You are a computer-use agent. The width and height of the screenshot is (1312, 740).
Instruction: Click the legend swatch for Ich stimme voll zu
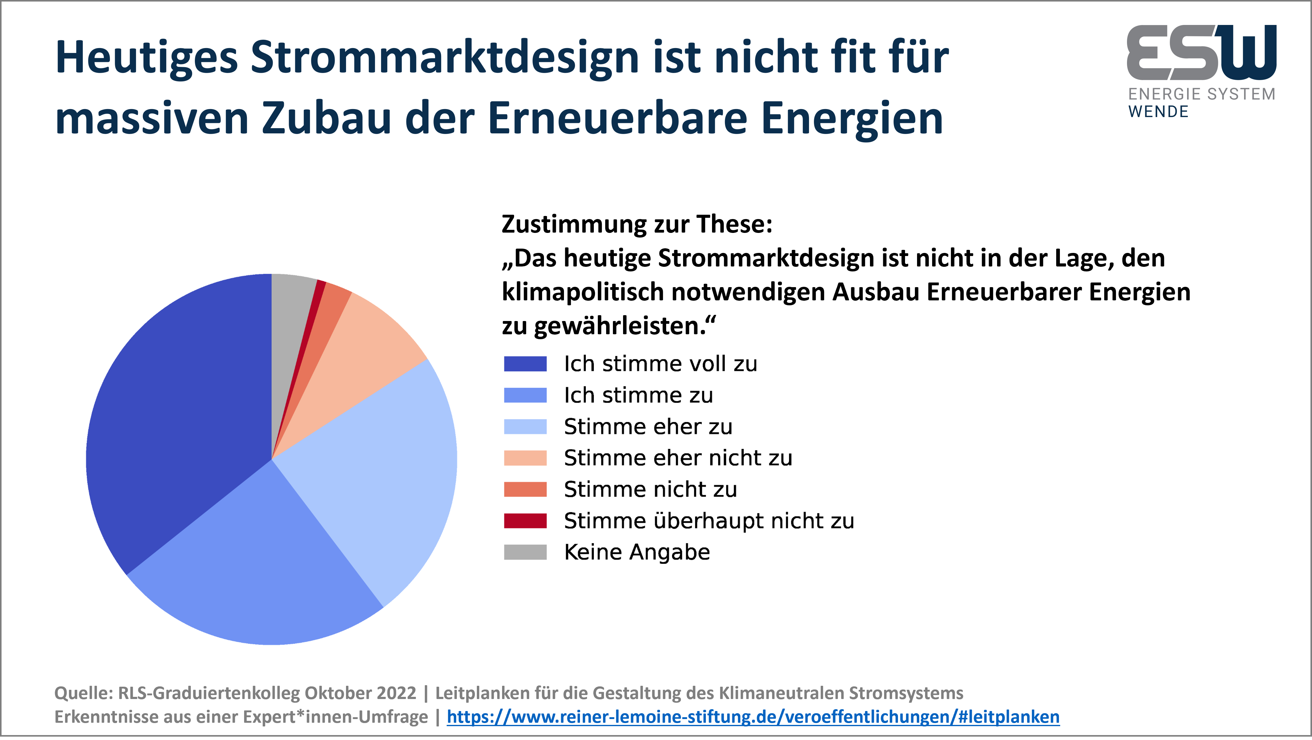click(x=525, y=364)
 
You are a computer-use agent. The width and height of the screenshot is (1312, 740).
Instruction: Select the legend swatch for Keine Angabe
click(x=525, y=552)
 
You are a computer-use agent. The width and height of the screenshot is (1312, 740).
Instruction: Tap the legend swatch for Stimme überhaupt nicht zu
click(x=525, y=521)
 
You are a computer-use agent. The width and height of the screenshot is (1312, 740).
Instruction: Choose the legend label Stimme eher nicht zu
click(x=678, y=458)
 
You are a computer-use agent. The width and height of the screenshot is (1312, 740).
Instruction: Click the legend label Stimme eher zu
click(x=648, y=427)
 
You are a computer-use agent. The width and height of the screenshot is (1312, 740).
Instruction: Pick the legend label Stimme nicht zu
click(x=650, y=489)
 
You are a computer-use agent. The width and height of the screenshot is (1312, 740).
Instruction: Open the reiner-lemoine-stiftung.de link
click(x=753, y=717)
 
